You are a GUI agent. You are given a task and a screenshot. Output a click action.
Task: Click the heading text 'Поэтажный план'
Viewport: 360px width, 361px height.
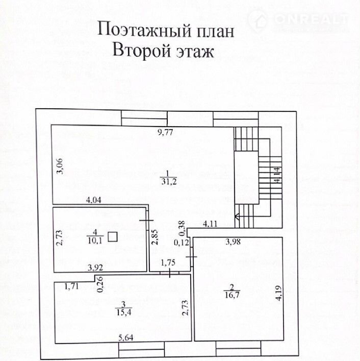pos(166,30)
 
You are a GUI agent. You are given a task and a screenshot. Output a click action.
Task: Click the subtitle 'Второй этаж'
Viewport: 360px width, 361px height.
pos(163,52)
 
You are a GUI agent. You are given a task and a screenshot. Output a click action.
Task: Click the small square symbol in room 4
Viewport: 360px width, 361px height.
pos(114,236)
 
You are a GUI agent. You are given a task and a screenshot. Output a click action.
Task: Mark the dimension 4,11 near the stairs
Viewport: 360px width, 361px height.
pos(211,223)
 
